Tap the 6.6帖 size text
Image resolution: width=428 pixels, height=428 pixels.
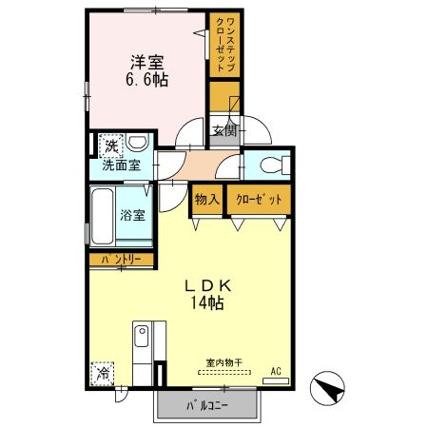point(147,81)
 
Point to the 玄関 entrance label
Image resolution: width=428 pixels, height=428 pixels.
point(224,131)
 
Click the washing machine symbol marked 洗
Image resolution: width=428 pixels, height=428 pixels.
point(112,146)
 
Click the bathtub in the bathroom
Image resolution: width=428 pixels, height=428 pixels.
point(103,218)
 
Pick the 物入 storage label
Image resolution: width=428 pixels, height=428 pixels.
point(206,201)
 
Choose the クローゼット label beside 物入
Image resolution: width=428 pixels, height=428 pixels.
point(257,201)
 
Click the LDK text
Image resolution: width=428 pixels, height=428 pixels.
point(209,285)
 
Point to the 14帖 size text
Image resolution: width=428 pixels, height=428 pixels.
point(209,304)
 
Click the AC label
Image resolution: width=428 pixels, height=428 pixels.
point(277,372)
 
